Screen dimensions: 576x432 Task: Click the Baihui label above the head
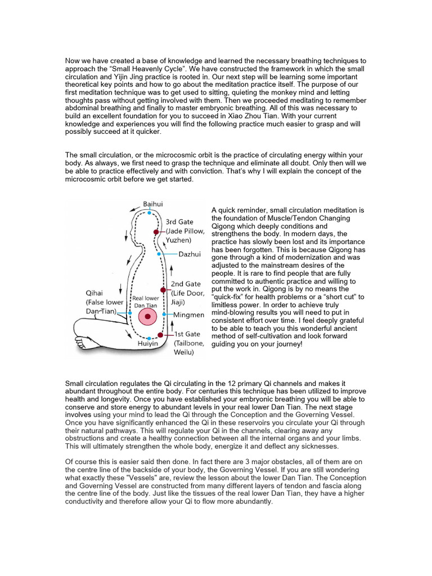[152, 204]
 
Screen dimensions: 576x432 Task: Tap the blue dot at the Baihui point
[149, 213]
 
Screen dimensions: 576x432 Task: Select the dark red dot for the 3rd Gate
[156, 232]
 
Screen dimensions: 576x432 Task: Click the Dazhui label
[190, 254]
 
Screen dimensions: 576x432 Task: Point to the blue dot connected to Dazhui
[160, 254]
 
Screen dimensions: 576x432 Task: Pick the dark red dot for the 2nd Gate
[163, 290]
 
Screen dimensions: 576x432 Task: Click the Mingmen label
[189, 314]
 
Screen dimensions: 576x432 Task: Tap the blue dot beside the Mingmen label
[164, 314]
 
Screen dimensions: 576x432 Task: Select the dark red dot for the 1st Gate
[160, 335]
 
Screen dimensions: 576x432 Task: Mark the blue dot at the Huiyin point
[148, 338]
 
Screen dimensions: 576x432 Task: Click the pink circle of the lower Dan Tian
[148, 317]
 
